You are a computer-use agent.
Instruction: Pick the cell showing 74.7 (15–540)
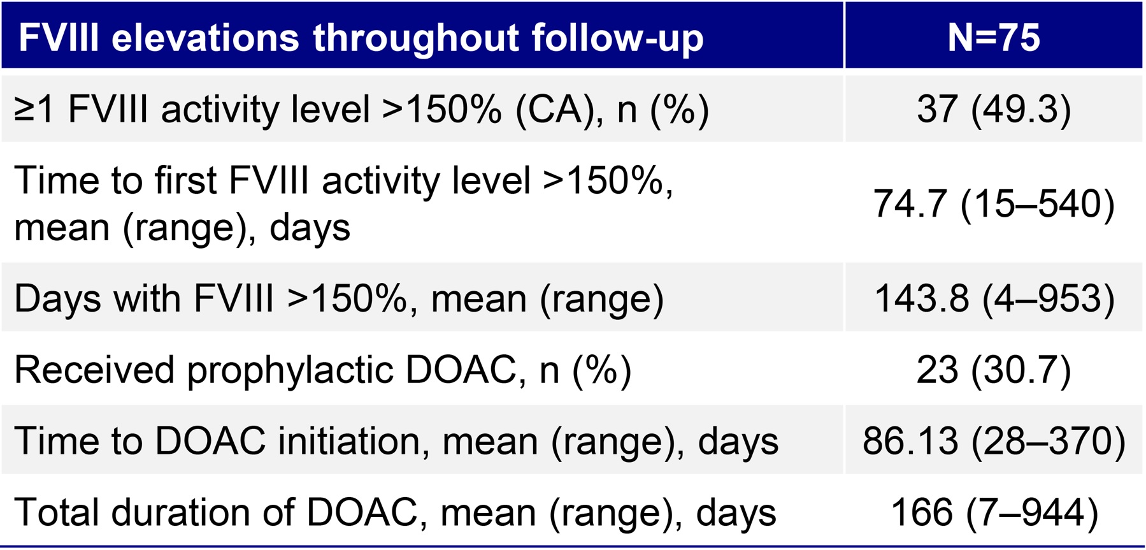pyautogui.click(x=993, y=204)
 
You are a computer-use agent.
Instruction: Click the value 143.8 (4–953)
pyautogui.click(x=993, y=298)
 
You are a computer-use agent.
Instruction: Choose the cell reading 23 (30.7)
pyautogui.click(x=993, y=370)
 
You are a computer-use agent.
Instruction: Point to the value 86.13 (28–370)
pyautogui.click(x=993, y=440)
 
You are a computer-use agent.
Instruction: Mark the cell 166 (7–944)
pyautogui.click(x=993, y=512)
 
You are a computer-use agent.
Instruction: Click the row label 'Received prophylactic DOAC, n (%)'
pyautogui.click(x=322, y=370)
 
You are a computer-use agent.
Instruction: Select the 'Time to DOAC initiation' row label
pyautogui.click(x=395, y=440)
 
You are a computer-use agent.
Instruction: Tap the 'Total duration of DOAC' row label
pyautogui.click(x=395, y=512)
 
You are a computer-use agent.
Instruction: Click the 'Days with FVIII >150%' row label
pyautogui.click(x=338, y=298)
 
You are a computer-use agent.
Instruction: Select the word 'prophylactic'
pyautogui.click(x=290, y=370)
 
